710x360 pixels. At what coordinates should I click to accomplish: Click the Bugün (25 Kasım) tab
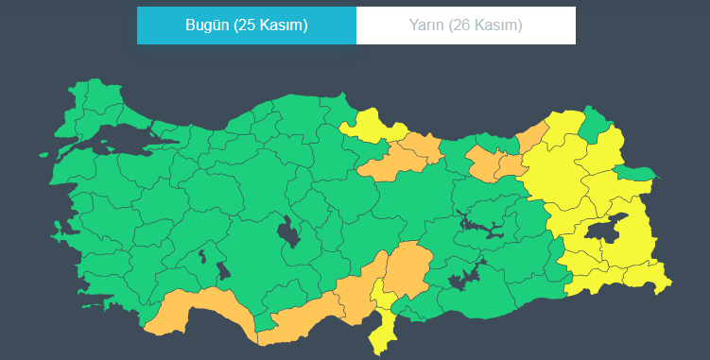click(246, 26)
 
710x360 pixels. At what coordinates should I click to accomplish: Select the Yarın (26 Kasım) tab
click(466, 26)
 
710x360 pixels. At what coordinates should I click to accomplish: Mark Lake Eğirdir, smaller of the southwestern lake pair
click(201, 255)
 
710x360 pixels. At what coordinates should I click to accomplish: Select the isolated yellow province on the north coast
click(371, 129)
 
